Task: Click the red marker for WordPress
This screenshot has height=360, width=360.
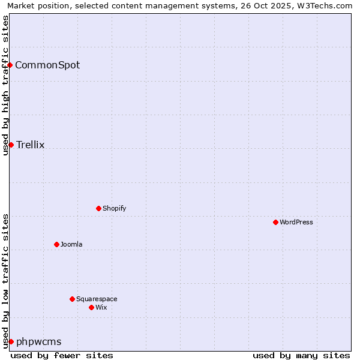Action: (275, 222)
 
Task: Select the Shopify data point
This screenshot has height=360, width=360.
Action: (98, 208)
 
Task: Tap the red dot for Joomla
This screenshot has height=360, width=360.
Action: (56, 244)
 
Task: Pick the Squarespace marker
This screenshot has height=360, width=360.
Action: (72, 299)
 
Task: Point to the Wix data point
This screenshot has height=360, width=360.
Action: (91, 307)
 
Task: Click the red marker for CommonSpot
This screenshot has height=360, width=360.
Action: (10, 65)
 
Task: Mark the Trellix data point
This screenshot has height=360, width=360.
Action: (11, 145)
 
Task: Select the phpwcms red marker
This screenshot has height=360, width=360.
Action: (11, 341)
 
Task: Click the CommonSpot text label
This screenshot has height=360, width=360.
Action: (47, 65)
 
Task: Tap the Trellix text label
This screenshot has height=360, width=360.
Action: (31, 145)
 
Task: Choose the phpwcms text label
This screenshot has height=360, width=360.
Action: (39, 342)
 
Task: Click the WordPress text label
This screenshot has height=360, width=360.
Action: (296, 223)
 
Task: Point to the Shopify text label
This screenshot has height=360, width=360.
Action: (115, 209)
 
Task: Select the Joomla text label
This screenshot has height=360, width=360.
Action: (71, 245)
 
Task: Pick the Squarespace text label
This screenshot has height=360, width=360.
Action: (97, 299)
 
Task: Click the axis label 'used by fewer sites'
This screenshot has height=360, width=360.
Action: (62, 355)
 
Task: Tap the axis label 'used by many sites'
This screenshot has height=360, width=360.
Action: (301, 355)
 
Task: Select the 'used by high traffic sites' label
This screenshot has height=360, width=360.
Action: (6, 85)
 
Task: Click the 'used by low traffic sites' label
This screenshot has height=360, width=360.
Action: (6, 281)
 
